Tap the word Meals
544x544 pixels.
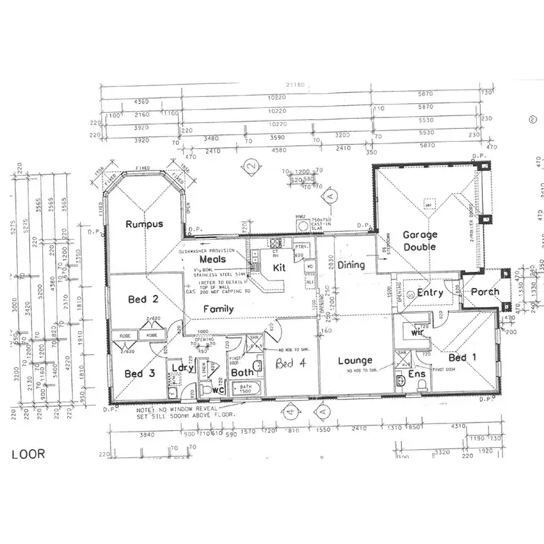(x=211, y=259)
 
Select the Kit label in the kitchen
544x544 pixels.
(x=279, y=268)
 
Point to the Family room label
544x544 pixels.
(x=218, y=309)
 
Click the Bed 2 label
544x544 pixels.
(x=138, y=299)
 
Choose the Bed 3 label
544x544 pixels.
(x=139, y=374)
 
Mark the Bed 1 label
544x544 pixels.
(x=463, y=358)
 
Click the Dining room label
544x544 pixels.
(x=351, y=265)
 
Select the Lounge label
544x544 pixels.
(x=355, y=360)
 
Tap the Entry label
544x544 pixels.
(x=430, y=293)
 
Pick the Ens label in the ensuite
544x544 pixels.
(x=416, y=374)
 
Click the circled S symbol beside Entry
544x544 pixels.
(x=411, y=293)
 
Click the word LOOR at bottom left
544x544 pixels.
(x=28, y=454)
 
